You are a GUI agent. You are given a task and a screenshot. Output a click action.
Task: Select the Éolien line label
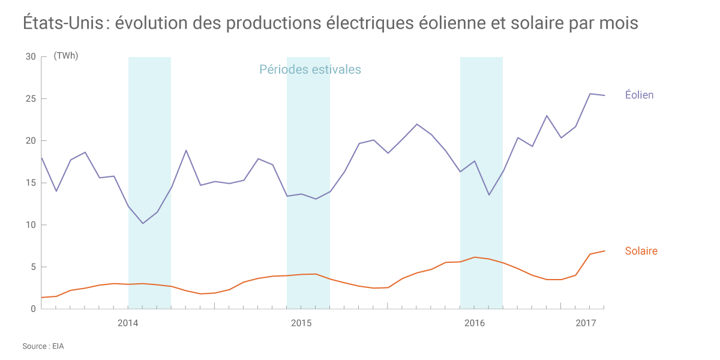(639, 95)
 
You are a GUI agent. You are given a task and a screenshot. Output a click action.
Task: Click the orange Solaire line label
(641, 251)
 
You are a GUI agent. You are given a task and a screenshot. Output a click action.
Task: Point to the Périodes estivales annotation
(310, 70)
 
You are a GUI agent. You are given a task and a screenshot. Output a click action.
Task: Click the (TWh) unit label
(66, 56)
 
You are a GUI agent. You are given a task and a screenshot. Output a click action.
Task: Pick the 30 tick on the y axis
(31, 56)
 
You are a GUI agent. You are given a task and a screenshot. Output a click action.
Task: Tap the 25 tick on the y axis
(31, 98)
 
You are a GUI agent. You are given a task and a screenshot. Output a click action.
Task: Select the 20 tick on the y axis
(31, 140)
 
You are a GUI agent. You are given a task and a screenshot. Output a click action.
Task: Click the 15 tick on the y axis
(31, 182)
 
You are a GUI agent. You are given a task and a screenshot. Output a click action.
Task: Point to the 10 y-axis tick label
(31, 225)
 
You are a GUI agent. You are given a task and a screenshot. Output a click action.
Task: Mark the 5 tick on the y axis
(33, 267)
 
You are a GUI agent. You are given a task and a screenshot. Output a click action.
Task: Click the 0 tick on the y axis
(33, 308)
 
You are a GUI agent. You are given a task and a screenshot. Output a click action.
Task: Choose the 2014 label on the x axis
(128, 323)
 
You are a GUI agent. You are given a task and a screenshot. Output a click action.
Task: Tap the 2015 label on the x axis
(301, 323)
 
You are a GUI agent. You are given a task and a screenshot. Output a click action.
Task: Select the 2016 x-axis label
(475, 323)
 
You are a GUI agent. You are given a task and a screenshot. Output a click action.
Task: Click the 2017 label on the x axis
(586, 323)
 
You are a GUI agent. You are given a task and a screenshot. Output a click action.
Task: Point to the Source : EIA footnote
(43, 346)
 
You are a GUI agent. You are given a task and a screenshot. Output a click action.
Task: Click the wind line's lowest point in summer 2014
(143, 223)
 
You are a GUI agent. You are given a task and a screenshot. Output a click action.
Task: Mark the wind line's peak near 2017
(590, 94)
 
